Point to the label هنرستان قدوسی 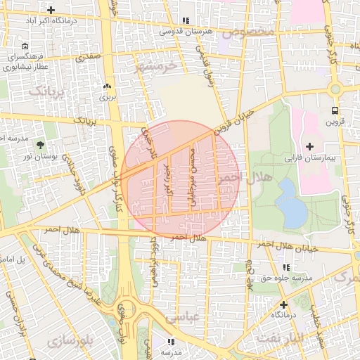[186, 32]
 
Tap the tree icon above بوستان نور [39, 145]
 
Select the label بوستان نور [39, 155]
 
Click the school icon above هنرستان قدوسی [186, 21]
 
